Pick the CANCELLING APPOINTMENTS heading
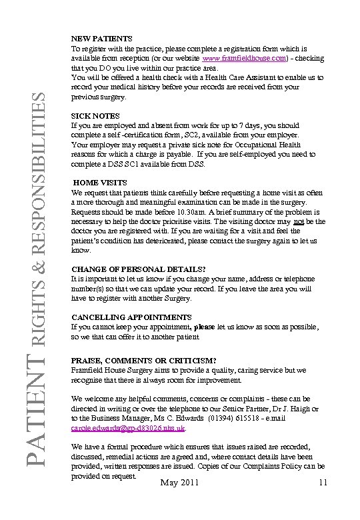131,318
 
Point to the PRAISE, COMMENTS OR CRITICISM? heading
143,360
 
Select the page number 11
323,483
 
